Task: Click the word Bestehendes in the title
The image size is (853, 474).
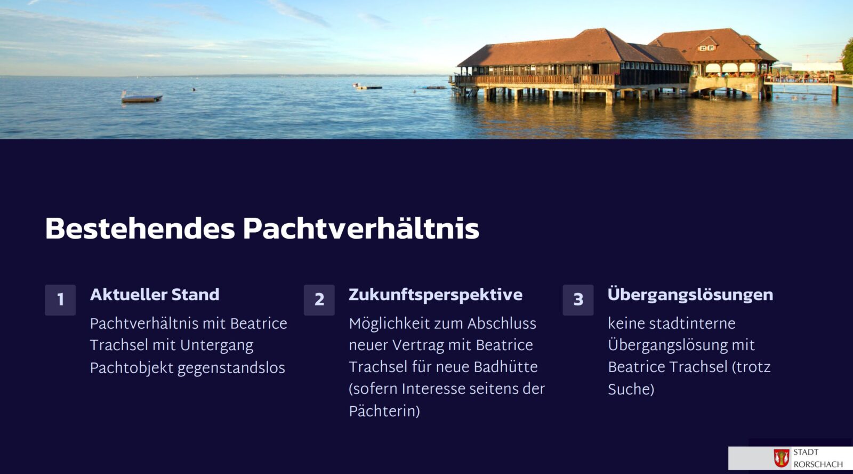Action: [x=140, y=229]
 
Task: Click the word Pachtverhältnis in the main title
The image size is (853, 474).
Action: [x=361, y=229]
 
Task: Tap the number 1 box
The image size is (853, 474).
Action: [x=60, y=300]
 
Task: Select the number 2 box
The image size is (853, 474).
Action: [x=319, y=300]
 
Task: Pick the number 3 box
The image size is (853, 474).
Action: [x=578, y=300]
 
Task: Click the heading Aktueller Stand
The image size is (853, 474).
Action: [x=155, y=295]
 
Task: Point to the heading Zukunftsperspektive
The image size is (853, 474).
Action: [x=436, y=295]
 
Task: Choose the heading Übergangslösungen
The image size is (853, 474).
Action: [x=690, y=295]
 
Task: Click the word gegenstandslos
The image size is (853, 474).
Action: [x=231, y=368]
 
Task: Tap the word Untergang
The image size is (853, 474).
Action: [x=216, y=346]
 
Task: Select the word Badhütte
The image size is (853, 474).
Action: [x=506, y=367]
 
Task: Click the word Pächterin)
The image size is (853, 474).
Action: [x=384, y=411]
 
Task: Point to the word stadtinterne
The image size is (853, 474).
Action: [x=692, y=323]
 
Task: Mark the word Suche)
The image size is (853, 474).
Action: [x=631, y=389]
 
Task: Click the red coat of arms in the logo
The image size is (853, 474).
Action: [x=782, y=458]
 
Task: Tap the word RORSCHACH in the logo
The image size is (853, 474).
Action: [x=818, y=464]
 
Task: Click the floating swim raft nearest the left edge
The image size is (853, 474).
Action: [x=142, y=97]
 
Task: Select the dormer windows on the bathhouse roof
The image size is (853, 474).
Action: [x=707, y=48]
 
